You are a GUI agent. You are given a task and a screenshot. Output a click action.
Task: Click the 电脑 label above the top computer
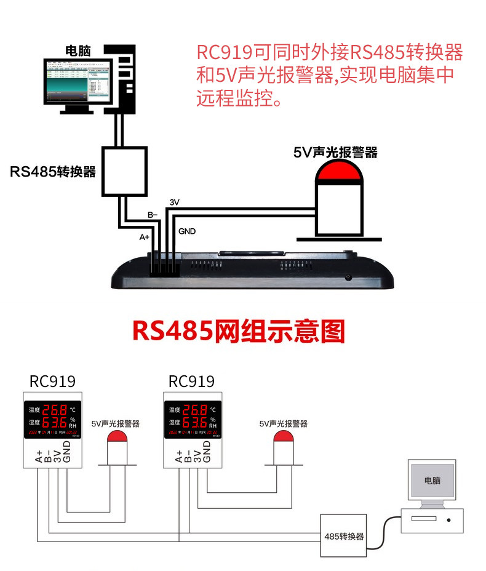point(78,50)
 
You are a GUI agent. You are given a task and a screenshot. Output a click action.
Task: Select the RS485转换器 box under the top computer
point(124,170)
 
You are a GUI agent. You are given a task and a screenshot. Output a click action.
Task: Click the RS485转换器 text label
point(54,172)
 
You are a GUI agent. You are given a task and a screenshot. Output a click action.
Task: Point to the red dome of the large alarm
point(339,173)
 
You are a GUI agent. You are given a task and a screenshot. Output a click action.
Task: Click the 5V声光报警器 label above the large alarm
point(335,151)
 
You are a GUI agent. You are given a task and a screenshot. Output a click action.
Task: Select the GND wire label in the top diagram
point(187,231)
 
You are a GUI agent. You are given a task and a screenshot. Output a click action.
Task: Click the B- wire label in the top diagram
point(153,215)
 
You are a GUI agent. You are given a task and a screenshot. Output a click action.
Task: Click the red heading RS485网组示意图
point(239,331)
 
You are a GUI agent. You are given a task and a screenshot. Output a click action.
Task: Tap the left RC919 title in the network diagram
point(52,381)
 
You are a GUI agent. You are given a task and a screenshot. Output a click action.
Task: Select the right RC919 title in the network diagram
point(191,381)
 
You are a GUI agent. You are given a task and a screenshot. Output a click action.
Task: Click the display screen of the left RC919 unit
point(53,420)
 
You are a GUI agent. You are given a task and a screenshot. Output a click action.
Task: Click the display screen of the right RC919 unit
point(192,420)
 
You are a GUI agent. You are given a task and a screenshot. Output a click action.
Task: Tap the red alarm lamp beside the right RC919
point(283,437)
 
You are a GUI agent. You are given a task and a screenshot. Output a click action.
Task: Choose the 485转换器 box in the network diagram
point(344,535)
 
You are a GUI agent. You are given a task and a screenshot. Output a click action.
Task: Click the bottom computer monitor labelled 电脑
point(432,481)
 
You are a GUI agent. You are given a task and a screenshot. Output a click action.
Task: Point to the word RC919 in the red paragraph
point(223,52)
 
